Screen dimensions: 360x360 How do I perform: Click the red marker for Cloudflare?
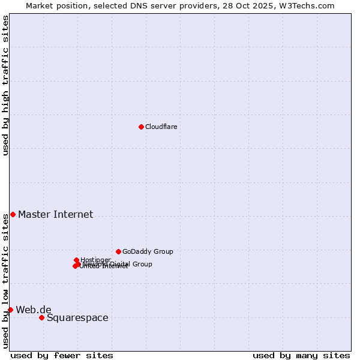pos(141,127)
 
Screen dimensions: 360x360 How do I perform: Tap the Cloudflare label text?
pos(161,127)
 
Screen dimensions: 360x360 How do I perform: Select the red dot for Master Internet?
pos(13,214)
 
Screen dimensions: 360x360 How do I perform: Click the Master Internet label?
pos(55,214)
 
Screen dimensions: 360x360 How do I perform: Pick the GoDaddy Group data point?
pos(118,251)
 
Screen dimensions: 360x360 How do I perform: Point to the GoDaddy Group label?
pos(148,251)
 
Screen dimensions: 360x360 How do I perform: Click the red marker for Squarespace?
pos(41,317)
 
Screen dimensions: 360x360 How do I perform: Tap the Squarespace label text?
pos(77,317)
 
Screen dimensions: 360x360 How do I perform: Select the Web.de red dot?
pos(10,310)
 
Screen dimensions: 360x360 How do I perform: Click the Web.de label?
pos(34,310)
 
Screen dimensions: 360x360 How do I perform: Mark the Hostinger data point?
pos(76,260)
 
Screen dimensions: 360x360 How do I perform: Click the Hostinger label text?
pos(95,260)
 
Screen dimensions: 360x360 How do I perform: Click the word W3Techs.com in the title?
pos(309,5)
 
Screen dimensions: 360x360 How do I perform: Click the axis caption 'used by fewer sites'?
pos(62,355)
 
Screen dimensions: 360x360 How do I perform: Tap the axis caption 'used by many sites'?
pos(301,355)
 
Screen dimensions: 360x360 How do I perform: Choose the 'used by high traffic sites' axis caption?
pos(5,85)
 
